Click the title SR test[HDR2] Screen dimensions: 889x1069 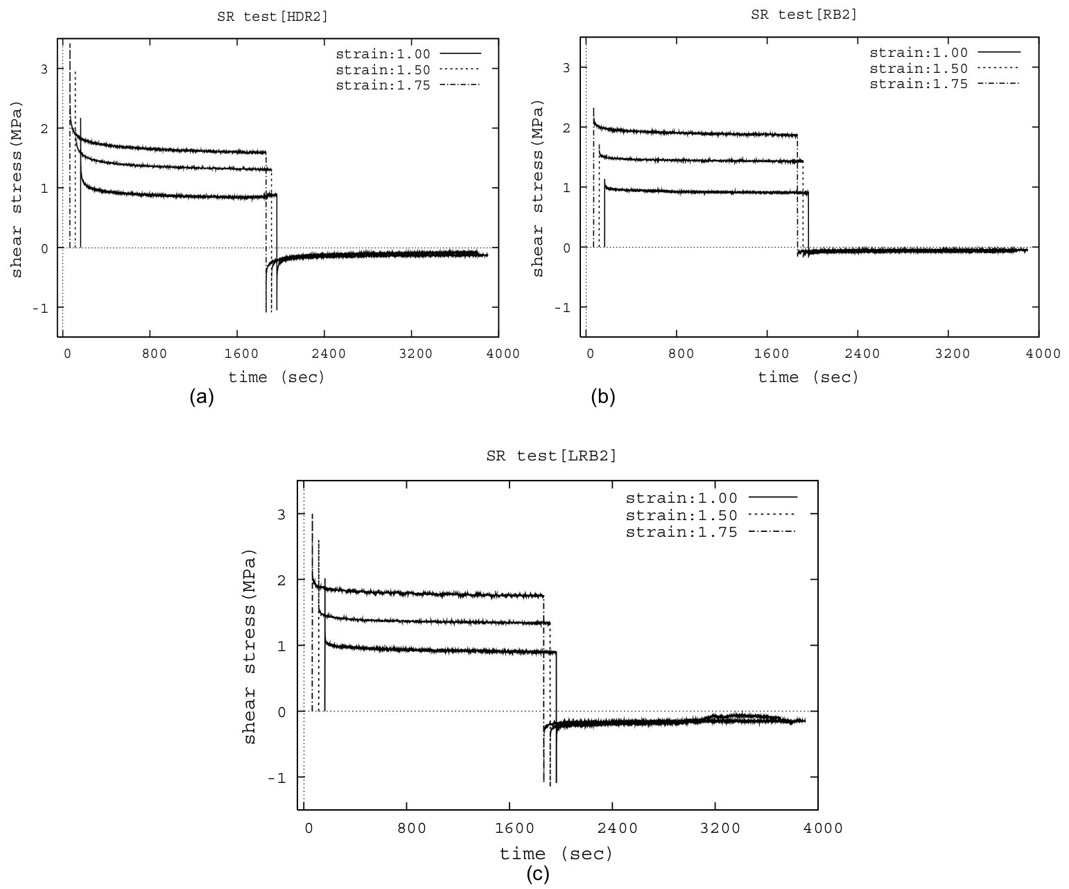tap(272, 17)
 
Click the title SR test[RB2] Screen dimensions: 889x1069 tap(804, 15)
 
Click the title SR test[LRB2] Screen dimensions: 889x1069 tap(551, 456)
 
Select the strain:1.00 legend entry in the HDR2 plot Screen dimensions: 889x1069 tap(383, 53)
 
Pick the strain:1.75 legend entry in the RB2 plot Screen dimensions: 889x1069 tap(918, 84)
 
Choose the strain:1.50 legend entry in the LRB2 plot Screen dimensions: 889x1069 tap(681, 515)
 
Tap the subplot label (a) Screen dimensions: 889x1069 tap(202, 397)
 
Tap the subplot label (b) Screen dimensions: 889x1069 tap(602, 397)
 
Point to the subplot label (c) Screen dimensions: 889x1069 tap(537, 874)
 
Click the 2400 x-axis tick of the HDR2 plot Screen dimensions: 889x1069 tap(329, 354)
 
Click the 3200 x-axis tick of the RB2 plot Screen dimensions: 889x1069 tap(953, 354)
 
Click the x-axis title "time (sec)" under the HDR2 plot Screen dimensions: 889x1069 tap(277, 377)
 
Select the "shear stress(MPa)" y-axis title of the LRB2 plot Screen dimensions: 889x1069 tap(250, 646)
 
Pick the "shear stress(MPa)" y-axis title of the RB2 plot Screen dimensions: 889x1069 tap(538, 189)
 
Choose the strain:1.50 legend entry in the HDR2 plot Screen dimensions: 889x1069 tap(383, 69)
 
